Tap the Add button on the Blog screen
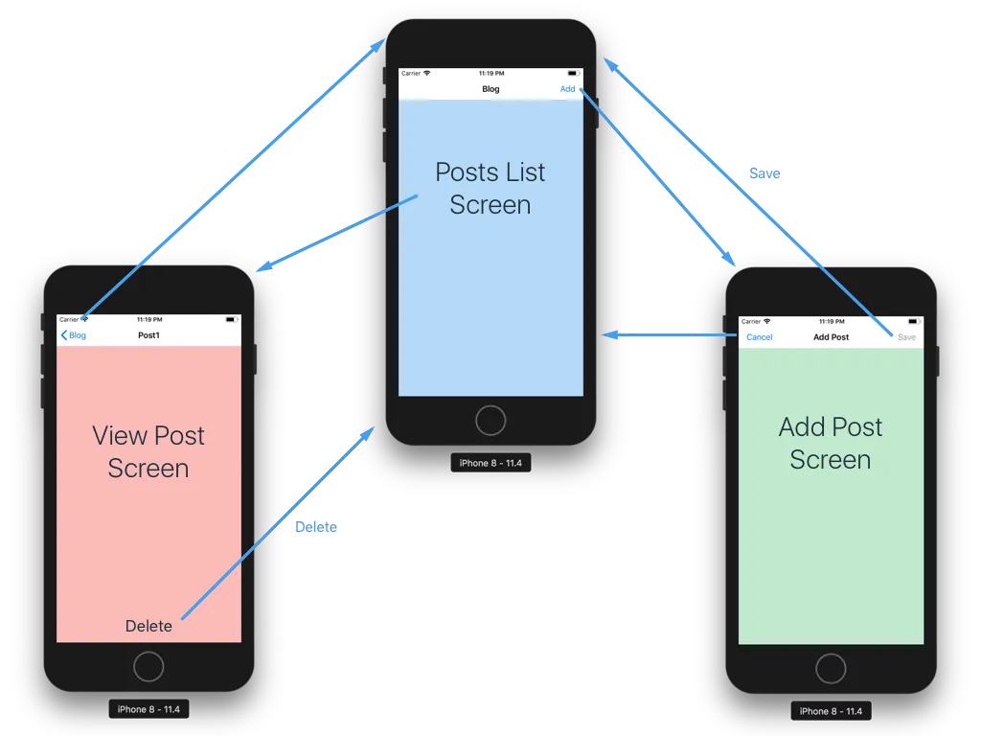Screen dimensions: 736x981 pyautogui.click(x=567, y=89)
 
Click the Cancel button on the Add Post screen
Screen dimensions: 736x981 pyautogui.click(x=759, y=337)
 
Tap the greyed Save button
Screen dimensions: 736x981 pyautogui.click(x=906, y=337)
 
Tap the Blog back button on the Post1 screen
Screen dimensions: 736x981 pyautogui.click(x=74, y=335)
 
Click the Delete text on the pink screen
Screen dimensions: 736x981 pyautogui.click(x=148, y=626)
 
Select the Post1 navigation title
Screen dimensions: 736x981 pyautogui.click(x=148, y=335)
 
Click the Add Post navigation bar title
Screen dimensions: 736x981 pyautogui.click(x=831, y=337)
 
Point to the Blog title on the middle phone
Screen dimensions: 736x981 pyautogui.click(x=490, y=89)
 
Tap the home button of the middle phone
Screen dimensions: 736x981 pyautogui.click(x=490, y=420)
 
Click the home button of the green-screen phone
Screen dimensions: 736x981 pyautogui.click(x=831, y=668)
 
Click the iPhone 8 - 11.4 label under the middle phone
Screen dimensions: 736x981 pyautogui.click(x=490, y=463)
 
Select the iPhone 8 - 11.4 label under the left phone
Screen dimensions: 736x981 pyautogui.click(x=148, y=710)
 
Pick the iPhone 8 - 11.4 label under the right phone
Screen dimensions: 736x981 pyautogui.click(x=831, y=711)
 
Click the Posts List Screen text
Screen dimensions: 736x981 pyautogui.click(x=490, y=188)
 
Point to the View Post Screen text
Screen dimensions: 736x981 pyautogui.click(x=148, y=451)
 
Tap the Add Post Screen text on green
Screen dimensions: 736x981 pyautogui.click(x=831, y=443)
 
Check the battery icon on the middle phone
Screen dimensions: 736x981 pyautogui.click(x=573, y=73)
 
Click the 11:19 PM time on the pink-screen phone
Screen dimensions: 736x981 pyautogui.click(x=148, y=319)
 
